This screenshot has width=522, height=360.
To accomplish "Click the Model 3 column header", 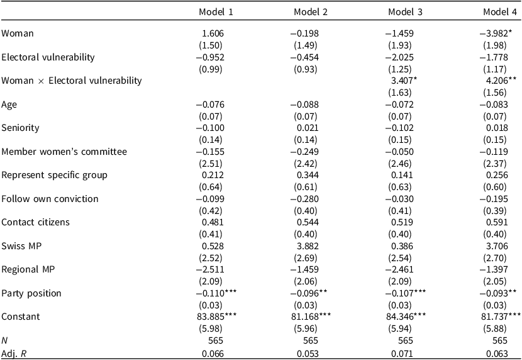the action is pyautogui.click(x=405, y=13).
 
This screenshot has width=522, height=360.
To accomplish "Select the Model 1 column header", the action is pyautogui.click(x=216, y=13).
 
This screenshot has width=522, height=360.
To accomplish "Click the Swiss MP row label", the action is pyautogui.click(x=21, y=246).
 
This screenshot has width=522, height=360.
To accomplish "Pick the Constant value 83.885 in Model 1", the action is pyautogui.click(x=217, y=317).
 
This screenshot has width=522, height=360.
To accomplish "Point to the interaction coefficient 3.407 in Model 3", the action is pyautogui.click(x=404, y=81).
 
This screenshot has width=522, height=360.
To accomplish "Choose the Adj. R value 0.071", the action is pyautogui.click(x=402, y=353).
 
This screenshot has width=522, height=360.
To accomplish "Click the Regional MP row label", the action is pyautogui.click(x=28, y=269).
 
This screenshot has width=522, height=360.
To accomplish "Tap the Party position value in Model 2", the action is pyautogui.click(x=309, y=293).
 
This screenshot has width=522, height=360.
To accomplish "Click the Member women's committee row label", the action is pyautogui.click(x=64, y=152).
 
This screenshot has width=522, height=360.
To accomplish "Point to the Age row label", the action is pyautogui.click(x=9, y=105).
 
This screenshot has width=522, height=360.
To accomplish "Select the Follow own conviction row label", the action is pyautogui.click(x=50, y=199).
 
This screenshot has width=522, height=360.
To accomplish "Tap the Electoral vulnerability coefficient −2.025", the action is pyautogui.click(x=399, y=57).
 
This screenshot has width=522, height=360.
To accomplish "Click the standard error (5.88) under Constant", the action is pyautogui.click(x=495, y=329).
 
